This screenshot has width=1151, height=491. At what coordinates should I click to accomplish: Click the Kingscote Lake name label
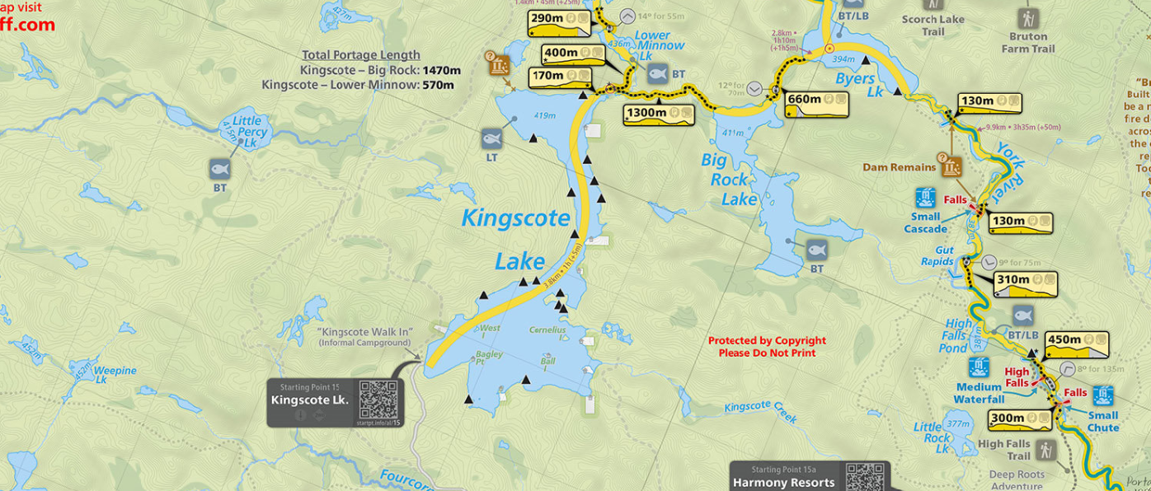click(x=516, y=239)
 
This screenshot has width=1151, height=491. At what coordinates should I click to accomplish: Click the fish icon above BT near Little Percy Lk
click(x=219, y=169)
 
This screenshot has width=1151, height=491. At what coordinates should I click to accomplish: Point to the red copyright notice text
click(x=767, y=347)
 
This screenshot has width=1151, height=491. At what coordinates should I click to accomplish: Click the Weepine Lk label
click(x=114, y=375)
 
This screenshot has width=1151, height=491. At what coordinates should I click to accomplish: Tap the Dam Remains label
click(x=899, y=167)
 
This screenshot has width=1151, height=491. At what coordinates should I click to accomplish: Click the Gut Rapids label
click(x=938, y=256)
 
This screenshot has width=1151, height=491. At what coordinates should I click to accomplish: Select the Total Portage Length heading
click(x=361, y=55)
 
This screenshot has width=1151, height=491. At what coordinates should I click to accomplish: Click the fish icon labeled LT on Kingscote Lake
click(x=491, y=138)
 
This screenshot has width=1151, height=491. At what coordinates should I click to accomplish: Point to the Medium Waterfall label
click(x=979, y=394)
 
